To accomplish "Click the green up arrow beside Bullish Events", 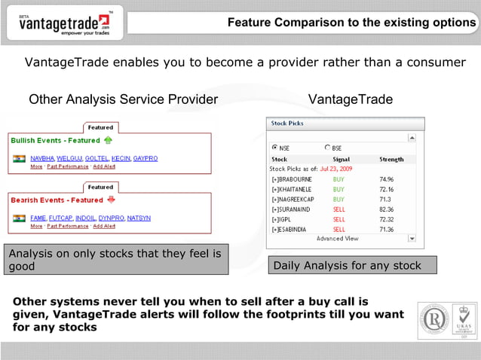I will coord(108,140).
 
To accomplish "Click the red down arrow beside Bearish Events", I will coord(111,200).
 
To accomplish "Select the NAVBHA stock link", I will coord(42,158).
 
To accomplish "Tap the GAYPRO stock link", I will coord(146,158).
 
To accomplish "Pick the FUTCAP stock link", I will coord(60,218).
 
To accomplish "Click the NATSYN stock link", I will coord(139,218).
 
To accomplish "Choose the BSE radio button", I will coord(327,148).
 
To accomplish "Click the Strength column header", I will coord(391,159).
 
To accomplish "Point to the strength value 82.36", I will coord(387,209).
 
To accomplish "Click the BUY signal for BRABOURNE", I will coord(339,179).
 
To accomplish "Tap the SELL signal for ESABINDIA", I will coord(339,229).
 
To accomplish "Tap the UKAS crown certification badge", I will coord(462,319).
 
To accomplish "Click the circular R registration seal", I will coord(435,319).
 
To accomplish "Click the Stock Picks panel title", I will coord(287,123).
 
